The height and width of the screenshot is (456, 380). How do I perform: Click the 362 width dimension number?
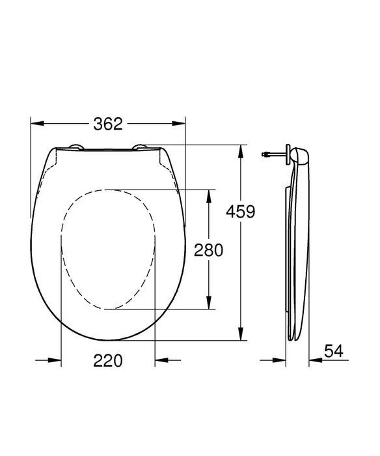coord(108,124)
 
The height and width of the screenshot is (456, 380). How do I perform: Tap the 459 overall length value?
coord(240,211)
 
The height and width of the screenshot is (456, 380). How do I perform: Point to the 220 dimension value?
coord(108,360)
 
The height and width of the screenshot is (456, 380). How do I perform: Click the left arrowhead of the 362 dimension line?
coord(36,124)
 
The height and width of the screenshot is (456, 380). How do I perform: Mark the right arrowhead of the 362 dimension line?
coord(180,124)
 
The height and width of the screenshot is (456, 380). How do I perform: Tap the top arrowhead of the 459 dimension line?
coord(241,149)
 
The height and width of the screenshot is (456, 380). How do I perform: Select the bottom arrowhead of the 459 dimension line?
coord(241,335)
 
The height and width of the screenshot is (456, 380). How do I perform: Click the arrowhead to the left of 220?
coord(56,360)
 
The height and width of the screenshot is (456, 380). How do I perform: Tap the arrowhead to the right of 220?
coord(160,360)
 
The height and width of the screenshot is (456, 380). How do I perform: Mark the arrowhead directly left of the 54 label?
coord(314,360)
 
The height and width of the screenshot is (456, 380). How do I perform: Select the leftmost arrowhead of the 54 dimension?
coord(281,360)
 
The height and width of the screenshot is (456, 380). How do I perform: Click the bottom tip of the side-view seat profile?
coord(291,339)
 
